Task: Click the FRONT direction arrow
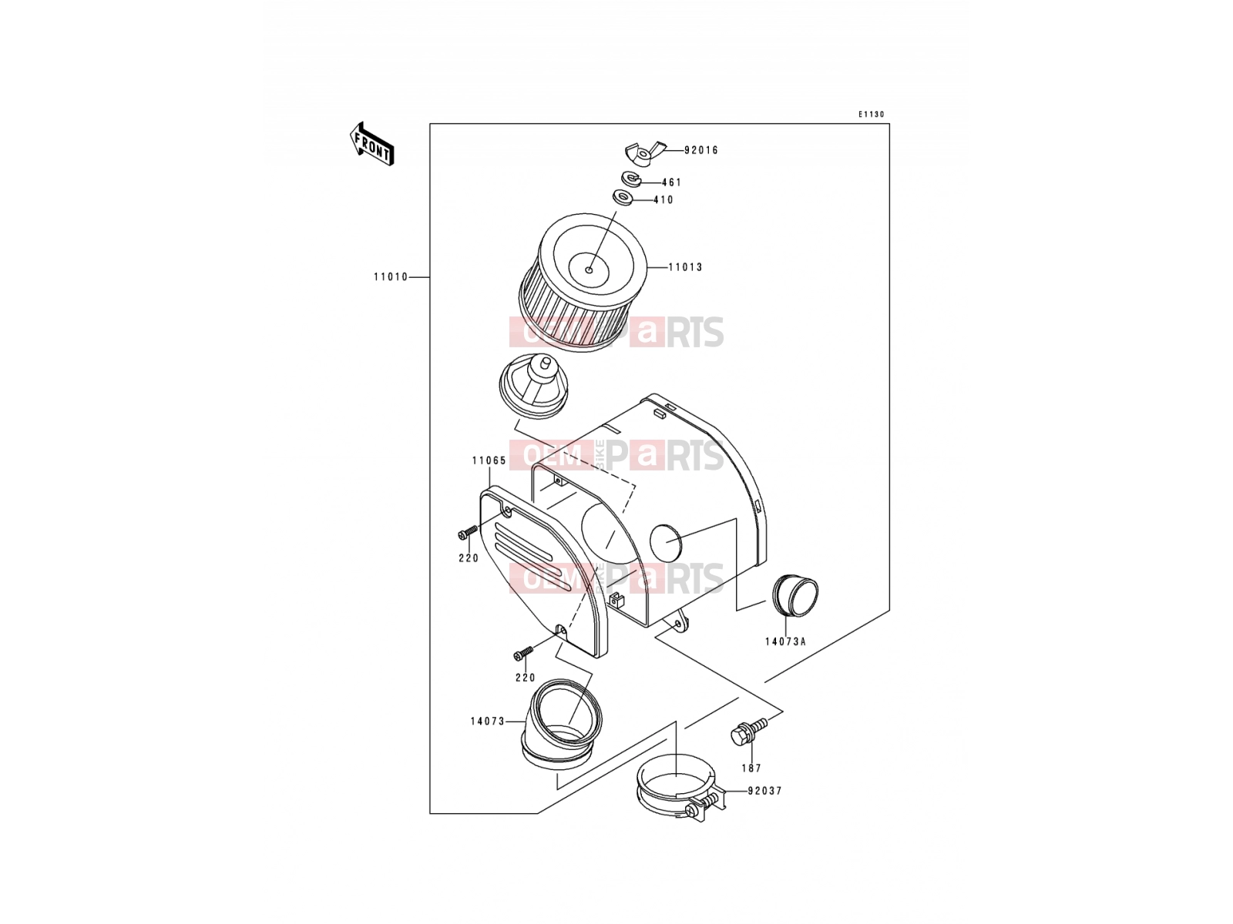coord(371,144)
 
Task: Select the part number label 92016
coord(701,150)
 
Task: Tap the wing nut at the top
coord(643,153)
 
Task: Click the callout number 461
coord(671,182)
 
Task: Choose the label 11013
coord(685,268)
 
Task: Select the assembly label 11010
coord(391,277)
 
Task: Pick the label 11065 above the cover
coord(489,460)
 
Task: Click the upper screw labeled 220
coord(467,532)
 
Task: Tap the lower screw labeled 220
coord(523,652)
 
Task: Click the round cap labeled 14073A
coord(795,596)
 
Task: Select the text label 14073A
coord(785,642)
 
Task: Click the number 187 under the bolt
coord(751,768)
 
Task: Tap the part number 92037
coord(764,791)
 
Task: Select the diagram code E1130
coord(872,115)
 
